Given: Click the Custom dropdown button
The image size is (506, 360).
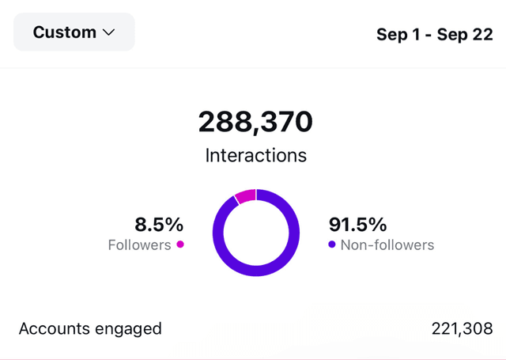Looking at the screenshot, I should click(74, 32).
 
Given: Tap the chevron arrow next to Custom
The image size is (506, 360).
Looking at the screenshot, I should click(108, 33).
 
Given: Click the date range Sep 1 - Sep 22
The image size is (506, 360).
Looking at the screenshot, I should click(434, 36).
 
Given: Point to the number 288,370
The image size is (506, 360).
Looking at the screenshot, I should click(255, 122).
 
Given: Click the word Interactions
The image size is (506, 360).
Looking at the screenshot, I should click(255, 154).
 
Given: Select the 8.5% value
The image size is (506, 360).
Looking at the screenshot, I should click(158, 224).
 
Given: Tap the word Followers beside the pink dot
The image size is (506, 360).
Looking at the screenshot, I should click(139, 244).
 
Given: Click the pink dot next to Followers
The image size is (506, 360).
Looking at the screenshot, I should click(180, 244).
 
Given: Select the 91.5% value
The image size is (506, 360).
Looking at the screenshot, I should click(358, 224).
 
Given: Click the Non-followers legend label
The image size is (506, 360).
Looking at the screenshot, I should click(387, 244).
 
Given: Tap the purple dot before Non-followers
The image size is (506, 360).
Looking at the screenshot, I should click(332, 244).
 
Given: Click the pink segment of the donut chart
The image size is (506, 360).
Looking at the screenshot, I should click(245, 195).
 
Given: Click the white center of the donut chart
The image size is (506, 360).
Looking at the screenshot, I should click(256, 233).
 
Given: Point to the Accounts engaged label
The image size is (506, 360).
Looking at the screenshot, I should click(90, 328).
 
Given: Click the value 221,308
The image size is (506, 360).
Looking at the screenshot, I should click(462, 328).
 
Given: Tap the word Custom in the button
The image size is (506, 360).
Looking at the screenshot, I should click(64, 32).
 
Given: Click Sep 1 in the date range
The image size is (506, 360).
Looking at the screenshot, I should click(399, 36).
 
